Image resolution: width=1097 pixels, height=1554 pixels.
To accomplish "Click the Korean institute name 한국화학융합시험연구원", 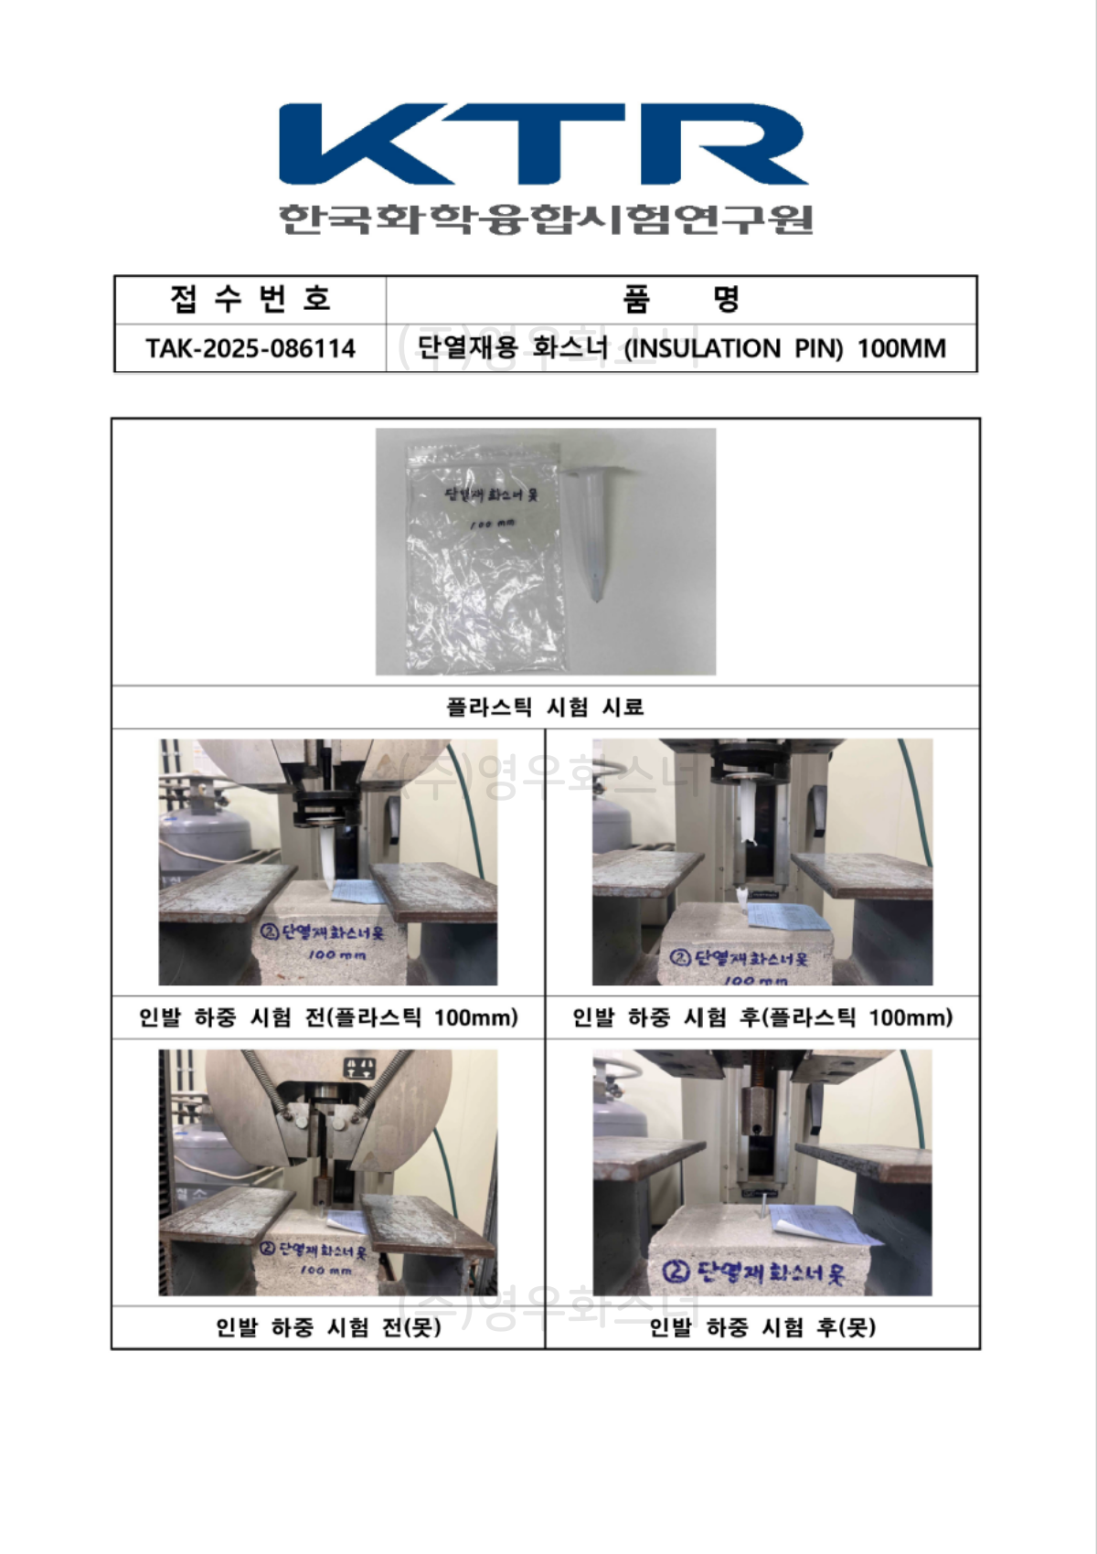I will tap(546, 219).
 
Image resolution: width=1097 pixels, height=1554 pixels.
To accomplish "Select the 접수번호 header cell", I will tap(250, 299).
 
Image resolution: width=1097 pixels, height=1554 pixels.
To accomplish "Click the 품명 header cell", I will tap(681, 299).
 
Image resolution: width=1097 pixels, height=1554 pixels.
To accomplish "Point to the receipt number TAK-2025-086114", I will tap(250, 348).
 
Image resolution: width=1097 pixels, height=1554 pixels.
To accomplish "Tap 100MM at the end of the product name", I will tap(901, 348).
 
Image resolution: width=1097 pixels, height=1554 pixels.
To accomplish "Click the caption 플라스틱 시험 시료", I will tap(545, 707).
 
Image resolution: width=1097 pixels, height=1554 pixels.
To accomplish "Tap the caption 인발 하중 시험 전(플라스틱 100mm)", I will tap(328, 1017).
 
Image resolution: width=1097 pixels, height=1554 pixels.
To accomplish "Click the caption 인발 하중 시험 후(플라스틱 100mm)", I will tap(762, 1017).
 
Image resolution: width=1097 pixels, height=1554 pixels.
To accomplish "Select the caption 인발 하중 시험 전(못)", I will tap(328, 1326).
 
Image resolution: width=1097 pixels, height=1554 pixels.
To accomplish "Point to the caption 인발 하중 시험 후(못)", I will tap(762, 1326).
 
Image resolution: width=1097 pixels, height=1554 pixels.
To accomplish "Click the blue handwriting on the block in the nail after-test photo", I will tap(753, 1272).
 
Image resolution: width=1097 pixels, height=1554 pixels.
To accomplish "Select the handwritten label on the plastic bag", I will tap(491, 495).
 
